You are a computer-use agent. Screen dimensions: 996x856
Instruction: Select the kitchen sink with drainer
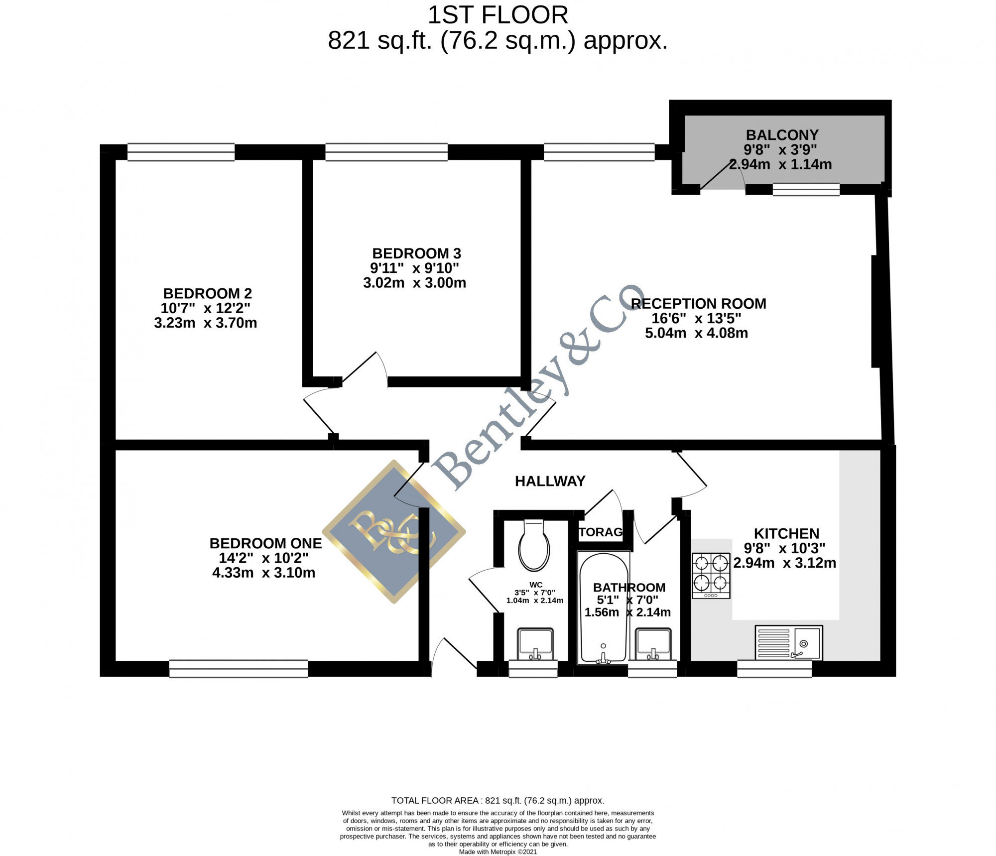pos(789,642)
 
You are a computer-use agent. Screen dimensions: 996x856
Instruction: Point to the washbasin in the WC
pos(535,643)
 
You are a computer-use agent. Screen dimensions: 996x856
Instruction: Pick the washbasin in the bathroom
pos(653,643)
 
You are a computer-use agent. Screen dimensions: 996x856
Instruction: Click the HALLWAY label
pos(550,481)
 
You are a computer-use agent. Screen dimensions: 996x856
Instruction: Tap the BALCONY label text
pos(782,135)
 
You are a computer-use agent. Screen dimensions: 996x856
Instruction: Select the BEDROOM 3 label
pos(416,253)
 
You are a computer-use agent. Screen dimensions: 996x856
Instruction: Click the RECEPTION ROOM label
pos(698,304)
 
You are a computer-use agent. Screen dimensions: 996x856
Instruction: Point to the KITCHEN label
pos(786,534)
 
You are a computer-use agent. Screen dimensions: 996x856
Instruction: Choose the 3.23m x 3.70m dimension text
pos(206,323)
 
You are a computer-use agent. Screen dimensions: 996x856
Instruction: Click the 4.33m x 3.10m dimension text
pos(264,573)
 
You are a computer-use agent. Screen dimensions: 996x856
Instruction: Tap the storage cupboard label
pos(601,532)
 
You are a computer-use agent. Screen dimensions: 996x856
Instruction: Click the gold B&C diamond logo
pos(394,531)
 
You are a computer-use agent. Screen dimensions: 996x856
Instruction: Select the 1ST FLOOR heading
pos(498,15)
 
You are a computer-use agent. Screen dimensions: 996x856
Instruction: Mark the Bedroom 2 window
pos(181,152)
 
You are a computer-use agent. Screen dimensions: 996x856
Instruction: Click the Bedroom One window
pos(239,669)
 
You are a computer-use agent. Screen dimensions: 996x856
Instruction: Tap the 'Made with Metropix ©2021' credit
pos(498,852)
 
